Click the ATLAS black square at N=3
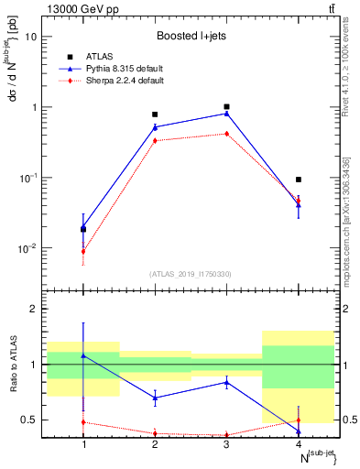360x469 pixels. pyautogui.click(x=226, y=107)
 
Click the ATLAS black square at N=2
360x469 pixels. pyautogui.click(x=155, y=115)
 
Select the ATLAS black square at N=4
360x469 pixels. pyautogui.click(x=299, y=180)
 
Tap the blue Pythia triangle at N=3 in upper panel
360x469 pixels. pyautogui.click(x=226, y=114)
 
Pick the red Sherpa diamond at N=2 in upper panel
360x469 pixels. pyautogui.click(x=155, y=140)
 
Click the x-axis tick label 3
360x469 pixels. pyautogui.click(x=226, y=444)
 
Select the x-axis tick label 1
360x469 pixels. pyautogui.click(x=83, y=444)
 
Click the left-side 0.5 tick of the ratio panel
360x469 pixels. pyautogui.click(x=30, y=420)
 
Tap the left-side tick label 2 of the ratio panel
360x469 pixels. pyautogui.click(x=35, y=309)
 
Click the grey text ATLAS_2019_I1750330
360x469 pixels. pyautogui.click(x=191, y=273)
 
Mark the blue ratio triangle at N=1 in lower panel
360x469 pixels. pyautogui.click(x=83, y=355)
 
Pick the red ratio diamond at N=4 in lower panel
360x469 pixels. pyautogui.click(x=299, y=420)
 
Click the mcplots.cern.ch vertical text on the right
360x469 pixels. pyautogui.click(x=350, y=230)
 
